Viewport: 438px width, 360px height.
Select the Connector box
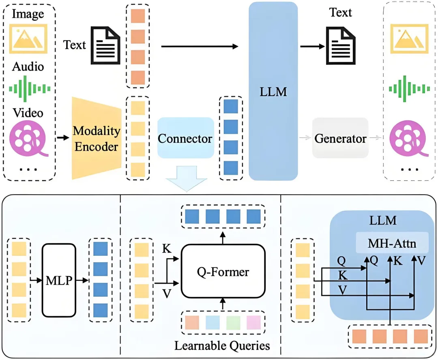185,138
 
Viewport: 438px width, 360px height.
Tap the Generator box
340,138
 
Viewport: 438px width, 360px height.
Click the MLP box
59,280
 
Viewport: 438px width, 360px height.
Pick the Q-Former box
223,271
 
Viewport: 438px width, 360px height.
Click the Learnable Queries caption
222,345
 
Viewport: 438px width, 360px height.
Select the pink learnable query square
254,322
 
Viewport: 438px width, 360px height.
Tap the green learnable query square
233,322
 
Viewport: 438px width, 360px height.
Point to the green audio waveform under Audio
30,88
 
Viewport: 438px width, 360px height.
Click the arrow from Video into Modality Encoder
62,138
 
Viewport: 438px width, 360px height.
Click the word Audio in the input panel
28,66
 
